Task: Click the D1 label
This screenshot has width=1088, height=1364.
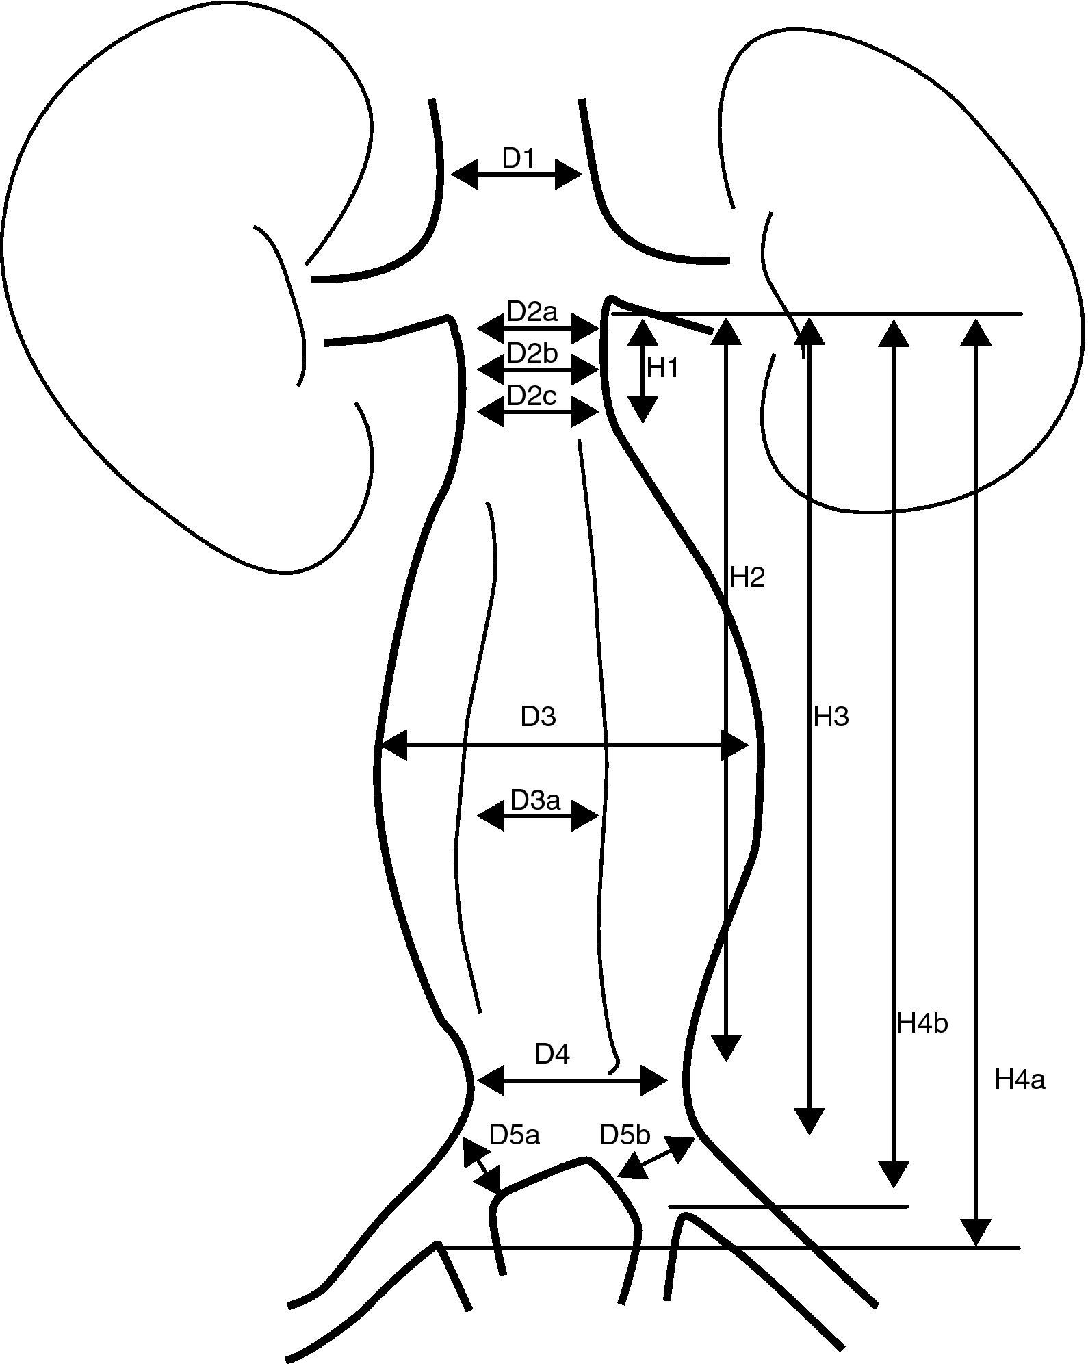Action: click(x=517, y=158)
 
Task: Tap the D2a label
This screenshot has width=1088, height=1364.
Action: click(x=532, y=313)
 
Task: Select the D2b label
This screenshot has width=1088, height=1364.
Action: click(x=532, y=354)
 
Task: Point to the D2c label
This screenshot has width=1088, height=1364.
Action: click(x=532, y=396)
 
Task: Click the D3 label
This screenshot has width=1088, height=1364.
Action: click(x=538, y=717)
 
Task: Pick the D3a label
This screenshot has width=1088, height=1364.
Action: click(x=535, y=799)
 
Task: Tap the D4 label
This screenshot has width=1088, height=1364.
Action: click(x=552, y=1055)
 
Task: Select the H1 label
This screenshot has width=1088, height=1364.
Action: click(x=662, y=369)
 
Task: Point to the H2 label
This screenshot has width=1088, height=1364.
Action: click(x=747, y=578)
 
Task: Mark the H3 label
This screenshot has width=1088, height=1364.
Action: click(x=831, y=717)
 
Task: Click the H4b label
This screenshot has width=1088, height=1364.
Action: click(x=922, y=1024)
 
